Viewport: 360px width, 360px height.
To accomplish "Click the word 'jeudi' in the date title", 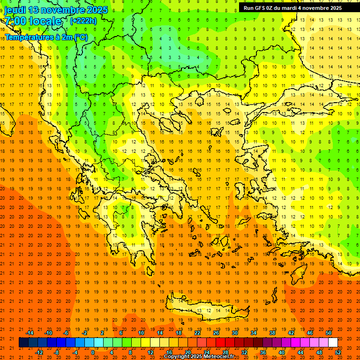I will tap(15, 9).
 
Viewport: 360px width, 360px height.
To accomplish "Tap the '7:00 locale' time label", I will tap(33, 21).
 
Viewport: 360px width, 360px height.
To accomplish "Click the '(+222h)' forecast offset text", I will tap(83, 21).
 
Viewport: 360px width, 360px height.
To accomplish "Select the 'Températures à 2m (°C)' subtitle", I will tap(46, 37).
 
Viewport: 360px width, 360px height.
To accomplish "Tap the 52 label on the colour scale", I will tap(338, 352).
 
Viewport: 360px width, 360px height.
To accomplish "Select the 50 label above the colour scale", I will tap(329, 333).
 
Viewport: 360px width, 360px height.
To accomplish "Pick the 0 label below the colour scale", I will tap(92, 352).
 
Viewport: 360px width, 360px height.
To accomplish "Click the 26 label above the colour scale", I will tap(216, 333).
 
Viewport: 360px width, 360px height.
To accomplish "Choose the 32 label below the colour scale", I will tap(244, 352).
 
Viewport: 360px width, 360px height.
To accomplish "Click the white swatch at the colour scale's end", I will tap(333, 343).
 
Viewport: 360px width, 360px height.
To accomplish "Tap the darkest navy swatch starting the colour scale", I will tap(23, 343).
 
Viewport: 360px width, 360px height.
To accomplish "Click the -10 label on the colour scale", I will tap(48, 333).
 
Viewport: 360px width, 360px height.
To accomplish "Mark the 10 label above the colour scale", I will tap(141, 333).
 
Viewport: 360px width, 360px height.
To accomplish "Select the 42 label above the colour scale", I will tap(291, 333).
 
